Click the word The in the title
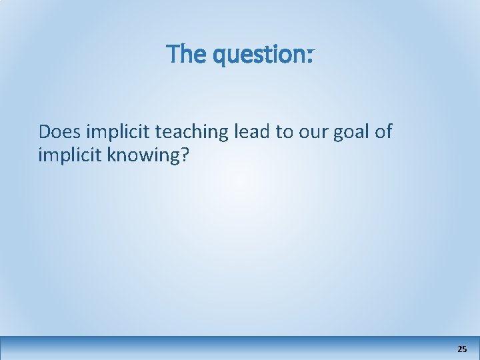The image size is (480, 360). (186, 54)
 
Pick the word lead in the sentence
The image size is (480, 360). (252, 132)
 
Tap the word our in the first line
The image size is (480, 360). (311, 132)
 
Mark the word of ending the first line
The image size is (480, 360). (383, 132)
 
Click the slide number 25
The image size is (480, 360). (462, 349)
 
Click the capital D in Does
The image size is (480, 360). (45, 132)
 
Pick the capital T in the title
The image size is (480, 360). (173, 54)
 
